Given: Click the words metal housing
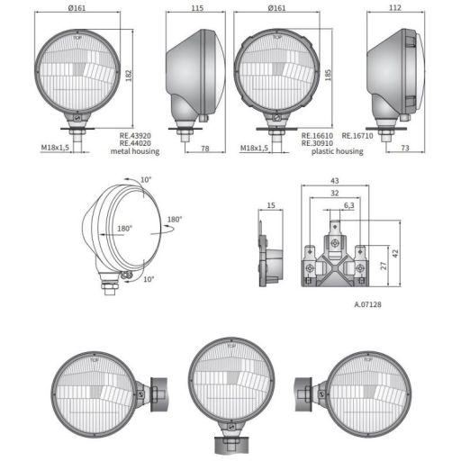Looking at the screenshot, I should coord(135,152).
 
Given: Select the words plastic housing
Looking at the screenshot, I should coord(337,152).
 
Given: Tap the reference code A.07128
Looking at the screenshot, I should coord(368,305).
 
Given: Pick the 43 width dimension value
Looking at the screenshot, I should coord(334,181).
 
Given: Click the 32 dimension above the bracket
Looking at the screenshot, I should coord(334,193).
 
